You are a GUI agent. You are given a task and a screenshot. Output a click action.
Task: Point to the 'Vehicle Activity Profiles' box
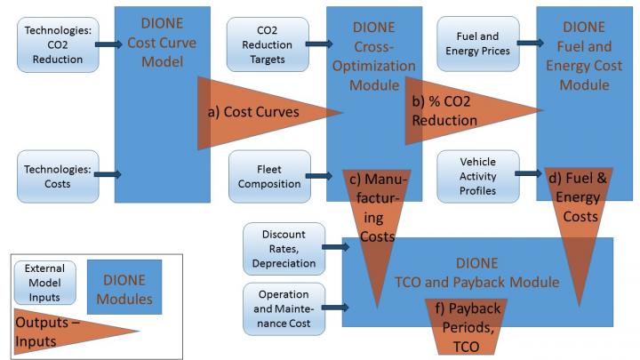477,176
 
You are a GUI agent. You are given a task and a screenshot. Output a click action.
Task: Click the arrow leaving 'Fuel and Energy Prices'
530,42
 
